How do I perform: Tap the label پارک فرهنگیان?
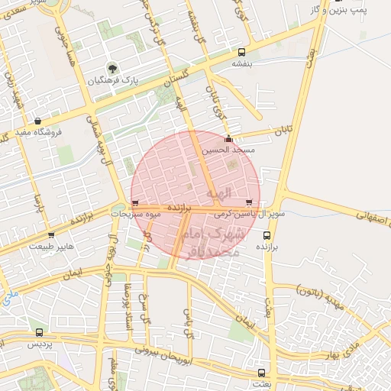[112, 80]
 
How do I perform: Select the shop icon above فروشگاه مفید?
[38, 121]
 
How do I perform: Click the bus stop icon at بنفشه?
[242, 53]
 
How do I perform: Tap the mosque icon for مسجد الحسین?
[228, 139]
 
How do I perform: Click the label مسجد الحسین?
[227, 150]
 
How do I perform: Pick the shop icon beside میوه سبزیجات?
[136, 203]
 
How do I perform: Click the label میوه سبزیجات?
[136, 215]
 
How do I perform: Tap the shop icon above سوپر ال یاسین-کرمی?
[250, 202]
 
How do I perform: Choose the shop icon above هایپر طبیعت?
[51, 235]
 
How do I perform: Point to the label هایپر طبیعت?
[51, 247]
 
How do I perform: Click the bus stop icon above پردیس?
[39, 332]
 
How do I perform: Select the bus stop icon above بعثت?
[262, 373]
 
